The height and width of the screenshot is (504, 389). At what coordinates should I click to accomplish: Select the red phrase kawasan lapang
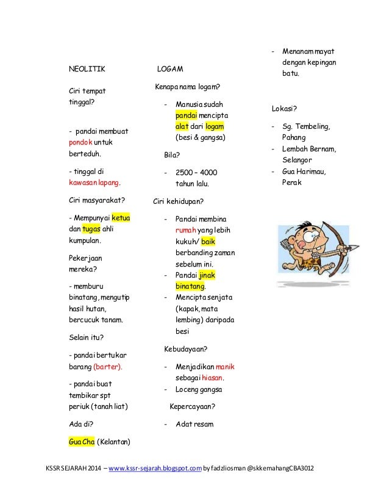pyautogui.click(x=94, y=182)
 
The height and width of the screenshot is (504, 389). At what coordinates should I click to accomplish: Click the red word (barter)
pyautogui.click(x=107, y=367)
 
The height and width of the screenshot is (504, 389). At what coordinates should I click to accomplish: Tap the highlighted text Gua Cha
pyautogui.click(x=81, y=441)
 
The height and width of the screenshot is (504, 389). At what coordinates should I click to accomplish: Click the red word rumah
pyautogui.click(x=185, y=229)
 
